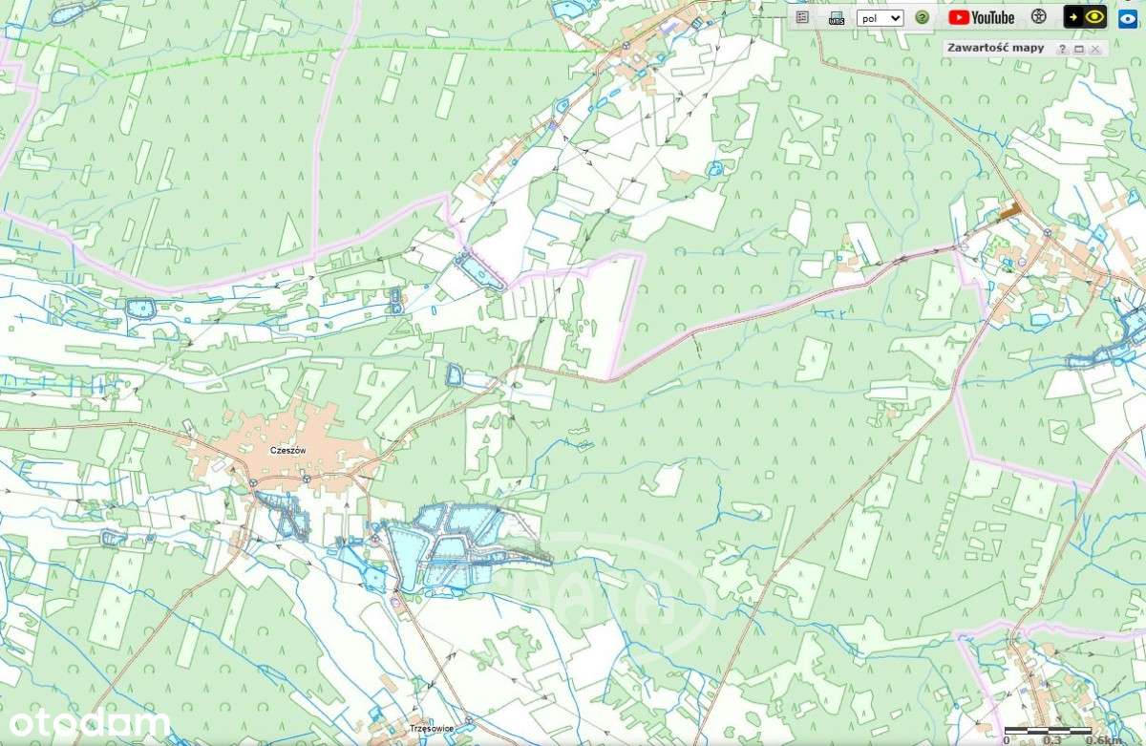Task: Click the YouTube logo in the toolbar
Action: (982, 17)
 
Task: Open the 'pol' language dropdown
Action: (879, 17)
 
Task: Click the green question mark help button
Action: (922, 17)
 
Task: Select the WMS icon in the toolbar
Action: (836, 17)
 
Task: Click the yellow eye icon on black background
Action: (1093, 16)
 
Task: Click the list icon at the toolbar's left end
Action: (802, 17)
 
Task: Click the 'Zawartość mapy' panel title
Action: (994, 48)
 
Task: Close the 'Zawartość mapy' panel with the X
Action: (1095, 49)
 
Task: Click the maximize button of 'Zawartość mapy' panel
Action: (1078, 49)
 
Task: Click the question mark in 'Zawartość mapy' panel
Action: (1062, 49)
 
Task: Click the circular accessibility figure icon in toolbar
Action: (1039, 17)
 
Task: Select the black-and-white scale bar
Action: (1049, 731)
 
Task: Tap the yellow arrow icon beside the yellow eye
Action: (1073, 16)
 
